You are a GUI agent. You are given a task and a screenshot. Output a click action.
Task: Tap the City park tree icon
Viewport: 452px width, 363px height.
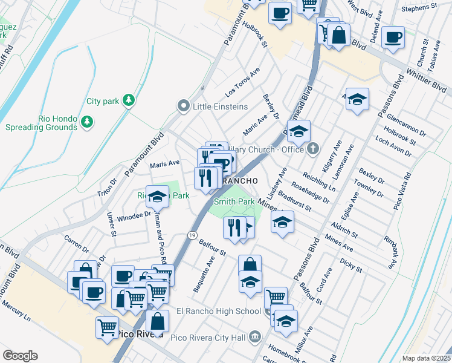[x=128, y=100]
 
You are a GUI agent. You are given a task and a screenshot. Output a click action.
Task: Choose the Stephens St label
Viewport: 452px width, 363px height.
[x=419, y=8]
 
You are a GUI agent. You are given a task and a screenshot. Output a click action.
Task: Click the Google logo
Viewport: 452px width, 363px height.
[x=20, y=356]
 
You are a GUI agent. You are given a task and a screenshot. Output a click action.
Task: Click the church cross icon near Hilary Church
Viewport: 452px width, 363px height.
[x=312, y=148]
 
